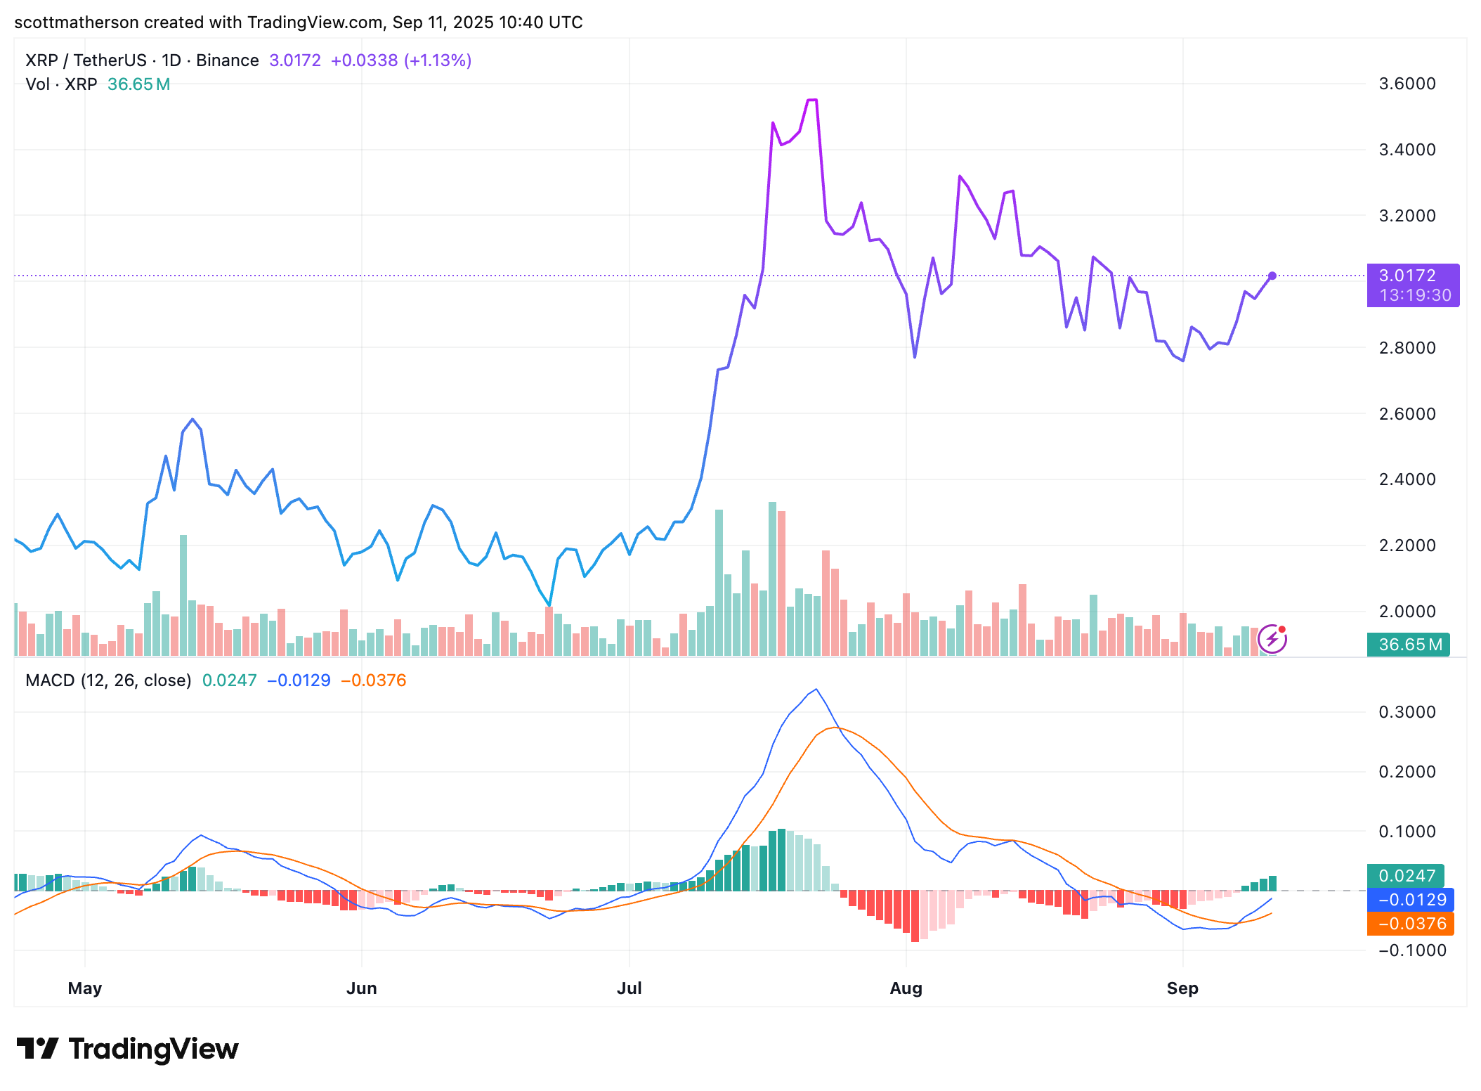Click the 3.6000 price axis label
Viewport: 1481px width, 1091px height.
click(x=1407, y=84)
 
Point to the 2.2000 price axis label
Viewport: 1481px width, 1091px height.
click(x=1407, y=545)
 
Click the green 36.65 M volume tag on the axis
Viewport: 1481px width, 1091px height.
click(x=1408, y=645)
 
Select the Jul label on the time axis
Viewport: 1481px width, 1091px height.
click(x=629, y=988)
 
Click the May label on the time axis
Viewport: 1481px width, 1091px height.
click(x=85, y=988)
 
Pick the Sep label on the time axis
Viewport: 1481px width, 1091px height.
click(x=1182, y=988)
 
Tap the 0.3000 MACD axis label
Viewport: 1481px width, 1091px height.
click(x=1407, y=712)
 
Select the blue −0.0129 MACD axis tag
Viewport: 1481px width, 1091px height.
click(x=1411, y=900)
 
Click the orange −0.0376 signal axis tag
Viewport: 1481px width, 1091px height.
click(x=1411, y=924)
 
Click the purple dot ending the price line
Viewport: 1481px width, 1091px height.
click(x=1272, y=276)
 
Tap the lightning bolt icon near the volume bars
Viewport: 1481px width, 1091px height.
click(x=1272, y=639)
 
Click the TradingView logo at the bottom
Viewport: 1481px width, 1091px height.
click(x=128, y=1049)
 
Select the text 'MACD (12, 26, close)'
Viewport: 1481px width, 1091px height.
click(x=108, y=680)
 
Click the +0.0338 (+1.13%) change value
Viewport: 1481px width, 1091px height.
click(x=401, y=60)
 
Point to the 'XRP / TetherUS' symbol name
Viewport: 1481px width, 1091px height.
click(x=86, y=60)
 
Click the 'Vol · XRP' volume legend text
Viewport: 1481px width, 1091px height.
click(x=61, y=84)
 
